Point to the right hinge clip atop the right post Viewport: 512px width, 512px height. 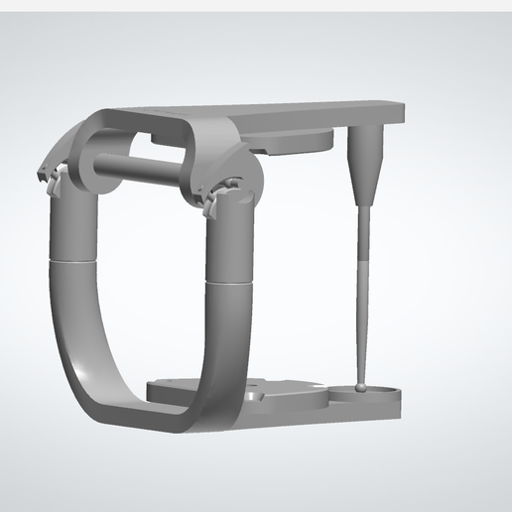point(213,198)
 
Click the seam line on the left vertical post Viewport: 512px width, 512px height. point(72,260)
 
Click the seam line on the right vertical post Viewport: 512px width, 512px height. point(228,281)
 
